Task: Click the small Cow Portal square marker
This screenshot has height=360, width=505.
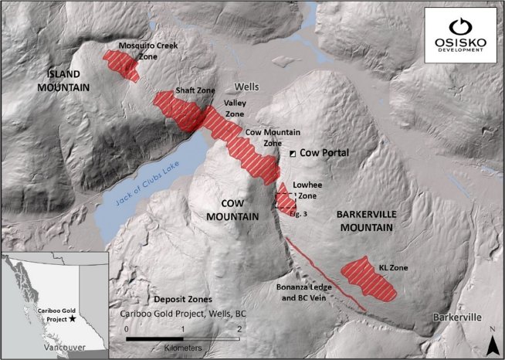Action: (293, 154)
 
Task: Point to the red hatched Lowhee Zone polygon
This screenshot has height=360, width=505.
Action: (285, 200)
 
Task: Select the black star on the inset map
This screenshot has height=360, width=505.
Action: (73, 318)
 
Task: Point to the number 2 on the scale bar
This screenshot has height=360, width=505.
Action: (239, 328)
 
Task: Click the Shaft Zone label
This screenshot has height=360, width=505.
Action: (195, 90)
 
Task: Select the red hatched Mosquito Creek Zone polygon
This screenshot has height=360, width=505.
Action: (122, 64)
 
